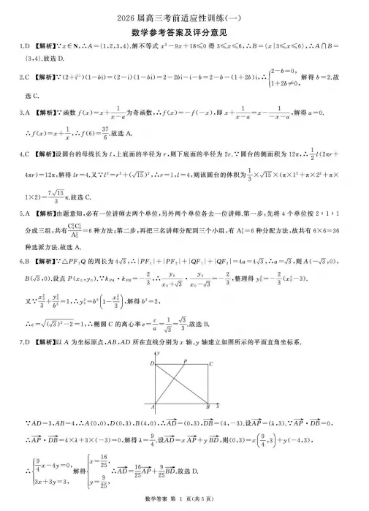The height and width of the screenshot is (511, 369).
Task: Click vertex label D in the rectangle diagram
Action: [x=152, y=363]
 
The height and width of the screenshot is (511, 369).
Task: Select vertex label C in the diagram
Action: [x=211, y=363]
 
